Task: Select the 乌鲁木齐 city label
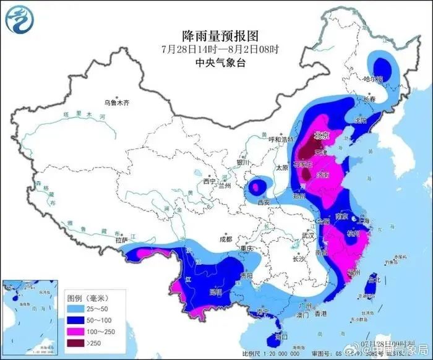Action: click(118, 102)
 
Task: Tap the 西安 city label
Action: click(264, 202)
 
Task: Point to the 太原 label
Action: click(283, 167)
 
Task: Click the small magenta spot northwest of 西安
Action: click(255, 186)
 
